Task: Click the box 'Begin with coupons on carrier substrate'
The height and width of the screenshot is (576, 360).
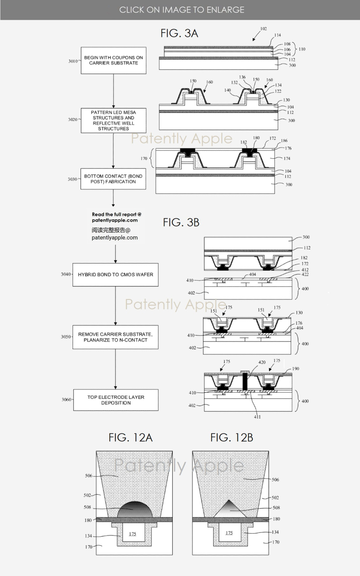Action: point(111,60)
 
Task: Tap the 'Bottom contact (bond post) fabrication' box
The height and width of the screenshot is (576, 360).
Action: point(113,179)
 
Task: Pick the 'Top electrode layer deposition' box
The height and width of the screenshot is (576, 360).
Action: point(116,400)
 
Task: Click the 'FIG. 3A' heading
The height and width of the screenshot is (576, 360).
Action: point(179,33)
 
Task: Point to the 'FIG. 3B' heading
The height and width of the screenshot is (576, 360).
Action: point(181,222)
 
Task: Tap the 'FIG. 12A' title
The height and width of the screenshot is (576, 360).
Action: point(130,437)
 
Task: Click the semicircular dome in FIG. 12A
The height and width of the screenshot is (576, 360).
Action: point(136,509)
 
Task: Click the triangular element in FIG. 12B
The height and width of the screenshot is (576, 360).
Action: point(229,509)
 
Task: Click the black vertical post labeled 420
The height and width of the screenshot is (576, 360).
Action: point(245,382)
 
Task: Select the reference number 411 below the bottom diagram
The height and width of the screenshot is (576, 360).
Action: point(257,417)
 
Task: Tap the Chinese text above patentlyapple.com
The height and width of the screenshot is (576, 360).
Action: point(111,230)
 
